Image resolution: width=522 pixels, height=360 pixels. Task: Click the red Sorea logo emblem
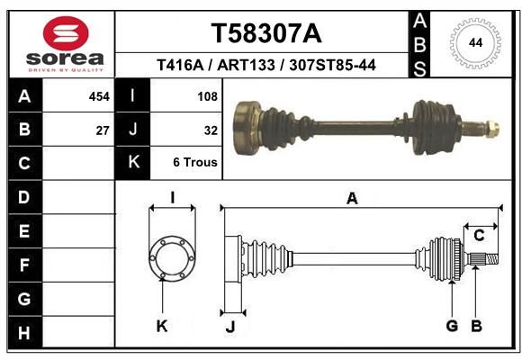(x=66, y=33)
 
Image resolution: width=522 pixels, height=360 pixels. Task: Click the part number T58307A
(x=266, y=33)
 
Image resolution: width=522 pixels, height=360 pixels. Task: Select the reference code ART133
(x=246, y=65)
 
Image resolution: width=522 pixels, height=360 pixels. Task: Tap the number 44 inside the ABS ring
(x=475, y=43)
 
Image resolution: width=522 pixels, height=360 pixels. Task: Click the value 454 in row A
(x=99, y=96)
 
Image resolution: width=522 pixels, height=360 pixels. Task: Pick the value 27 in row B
(x=103, y=130)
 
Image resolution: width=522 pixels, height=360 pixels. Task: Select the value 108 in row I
(x=207, y=96)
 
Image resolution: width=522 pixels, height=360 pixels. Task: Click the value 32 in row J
(x=211, y=130)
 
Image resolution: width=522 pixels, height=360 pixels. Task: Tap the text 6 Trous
(x=195, y=162)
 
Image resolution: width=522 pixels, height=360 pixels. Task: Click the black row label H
(x=25, y=332)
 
